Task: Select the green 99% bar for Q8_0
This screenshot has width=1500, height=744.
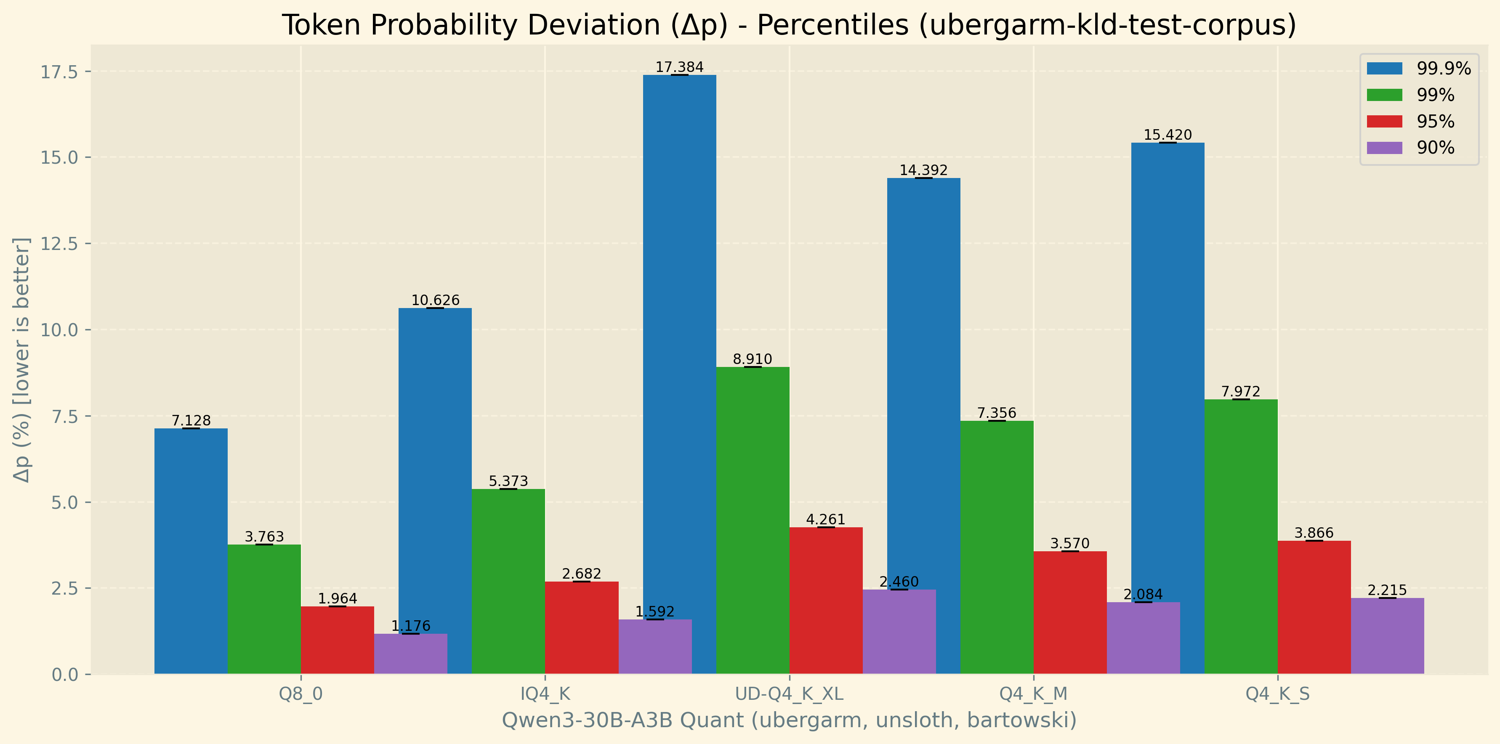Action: point(264,609)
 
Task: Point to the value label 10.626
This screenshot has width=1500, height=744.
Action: point(435,300)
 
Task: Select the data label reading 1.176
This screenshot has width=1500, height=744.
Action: point(410,626)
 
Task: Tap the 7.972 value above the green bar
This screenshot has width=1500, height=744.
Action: point(1240,392)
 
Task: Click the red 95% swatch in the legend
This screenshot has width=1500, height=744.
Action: point(1384,121)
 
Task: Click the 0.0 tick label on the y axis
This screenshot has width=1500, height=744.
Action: point(65,675)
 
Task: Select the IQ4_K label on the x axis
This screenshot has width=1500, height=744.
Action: point(545,694)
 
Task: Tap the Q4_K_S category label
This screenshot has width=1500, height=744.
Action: point(1277,694)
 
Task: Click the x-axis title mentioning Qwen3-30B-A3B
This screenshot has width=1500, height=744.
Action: point(789,720)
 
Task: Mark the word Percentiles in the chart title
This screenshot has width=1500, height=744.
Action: point(832,26)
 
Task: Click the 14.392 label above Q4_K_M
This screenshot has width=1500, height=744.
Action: point(923,170)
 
